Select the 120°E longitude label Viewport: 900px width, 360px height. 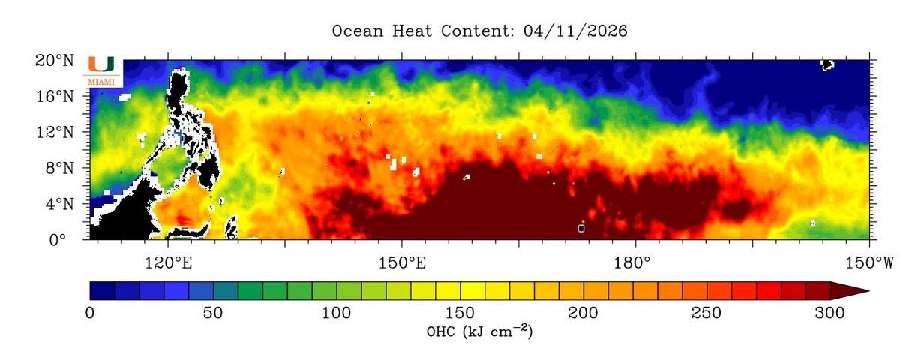[167, 262]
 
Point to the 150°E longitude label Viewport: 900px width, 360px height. [401, 262]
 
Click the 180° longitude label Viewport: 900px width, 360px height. [635, 262]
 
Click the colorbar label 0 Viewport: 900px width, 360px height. [90, 312]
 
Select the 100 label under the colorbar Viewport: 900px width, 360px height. [337, 312]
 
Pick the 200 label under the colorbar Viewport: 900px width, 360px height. [583, 312]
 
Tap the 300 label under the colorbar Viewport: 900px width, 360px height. [830, 312]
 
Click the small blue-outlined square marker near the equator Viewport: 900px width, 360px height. [581, 228]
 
